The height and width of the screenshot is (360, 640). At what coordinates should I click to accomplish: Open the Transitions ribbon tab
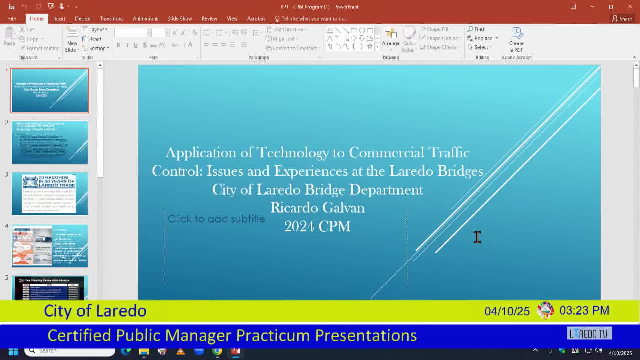click(111, 19)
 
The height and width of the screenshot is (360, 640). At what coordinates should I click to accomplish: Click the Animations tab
click(145, 19)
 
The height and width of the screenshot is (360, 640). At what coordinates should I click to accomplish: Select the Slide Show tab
click(180, 19)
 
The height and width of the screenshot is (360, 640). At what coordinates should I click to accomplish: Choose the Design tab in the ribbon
click(82, 19)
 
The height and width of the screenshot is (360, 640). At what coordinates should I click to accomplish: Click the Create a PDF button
click(516, 40)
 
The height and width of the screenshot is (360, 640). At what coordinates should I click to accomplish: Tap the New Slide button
click(72, 40)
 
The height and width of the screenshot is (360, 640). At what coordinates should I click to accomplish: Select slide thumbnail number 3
click(50, 194)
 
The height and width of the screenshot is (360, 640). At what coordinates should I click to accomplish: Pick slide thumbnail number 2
click(50, 142)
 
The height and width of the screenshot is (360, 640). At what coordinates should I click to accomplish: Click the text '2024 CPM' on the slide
click(317, 226)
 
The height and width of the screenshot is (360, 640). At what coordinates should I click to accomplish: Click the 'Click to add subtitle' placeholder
click(216, 219)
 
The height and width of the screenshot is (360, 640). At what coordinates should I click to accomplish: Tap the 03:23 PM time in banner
click(584, 311)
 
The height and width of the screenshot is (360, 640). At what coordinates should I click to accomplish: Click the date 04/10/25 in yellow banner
click(507, 311)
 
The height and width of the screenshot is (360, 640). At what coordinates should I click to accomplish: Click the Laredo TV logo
click(589, 334)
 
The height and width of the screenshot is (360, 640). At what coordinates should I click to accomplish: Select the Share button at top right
click(622, 19)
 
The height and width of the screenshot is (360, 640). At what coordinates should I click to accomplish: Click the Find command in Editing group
click(476, 29)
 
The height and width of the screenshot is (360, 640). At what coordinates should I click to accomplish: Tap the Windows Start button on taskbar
click(13, 351)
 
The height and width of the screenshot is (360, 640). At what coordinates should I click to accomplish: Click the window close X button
click(630, 7)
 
